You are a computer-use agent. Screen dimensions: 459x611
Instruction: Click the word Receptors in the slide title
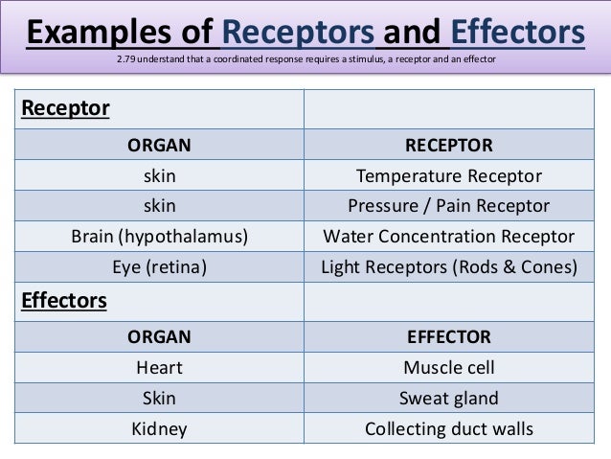[299, 35]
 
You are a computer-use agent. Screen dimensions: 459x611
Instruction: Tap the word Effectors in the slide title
[515, 35]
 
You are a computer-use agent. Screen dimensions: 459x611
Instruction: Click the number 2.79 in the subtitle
[124, 63]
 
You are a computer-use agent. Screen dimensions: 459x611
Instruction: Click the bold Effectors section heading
[64, 301]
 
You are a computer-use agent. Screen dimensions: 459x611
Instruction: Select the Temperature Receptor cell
[448, 176]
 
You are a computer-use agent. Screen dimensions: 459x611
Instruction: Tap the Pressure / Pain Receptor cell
[448, 206]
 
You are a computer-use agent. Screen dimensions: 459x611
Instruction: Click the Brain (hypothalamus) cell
[160, 237]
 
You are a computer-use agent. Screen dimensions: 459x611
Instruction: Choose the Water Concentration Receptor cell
[448, 237]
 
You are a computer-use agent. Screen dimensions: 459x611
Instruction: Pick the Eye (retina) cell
[160, 268]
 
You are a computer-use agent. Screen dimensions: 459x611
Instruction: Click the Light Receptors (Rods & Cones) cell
[448, 268]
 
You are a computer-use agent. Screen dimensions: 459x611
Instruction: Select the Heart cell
[160, 367]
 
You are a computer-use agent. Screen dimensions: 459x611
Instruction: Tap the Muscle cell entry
[448, 367]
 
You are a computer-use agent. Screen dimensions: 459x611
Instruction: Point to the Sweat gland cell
[448, 398]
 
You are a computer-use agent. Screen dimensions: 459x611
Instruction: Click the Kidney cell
[160, 428]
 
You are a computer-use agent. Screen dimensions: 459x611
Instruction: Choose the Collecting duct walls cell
[448, 428]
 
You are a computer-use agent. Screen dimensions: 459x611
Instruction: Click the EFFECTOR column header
[448, 336]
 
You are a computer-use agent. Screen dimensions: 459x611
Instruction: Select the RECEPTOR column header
[448, 146]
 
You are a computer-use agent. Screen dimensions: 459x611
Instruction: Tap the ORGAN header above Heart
[160, 336]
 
